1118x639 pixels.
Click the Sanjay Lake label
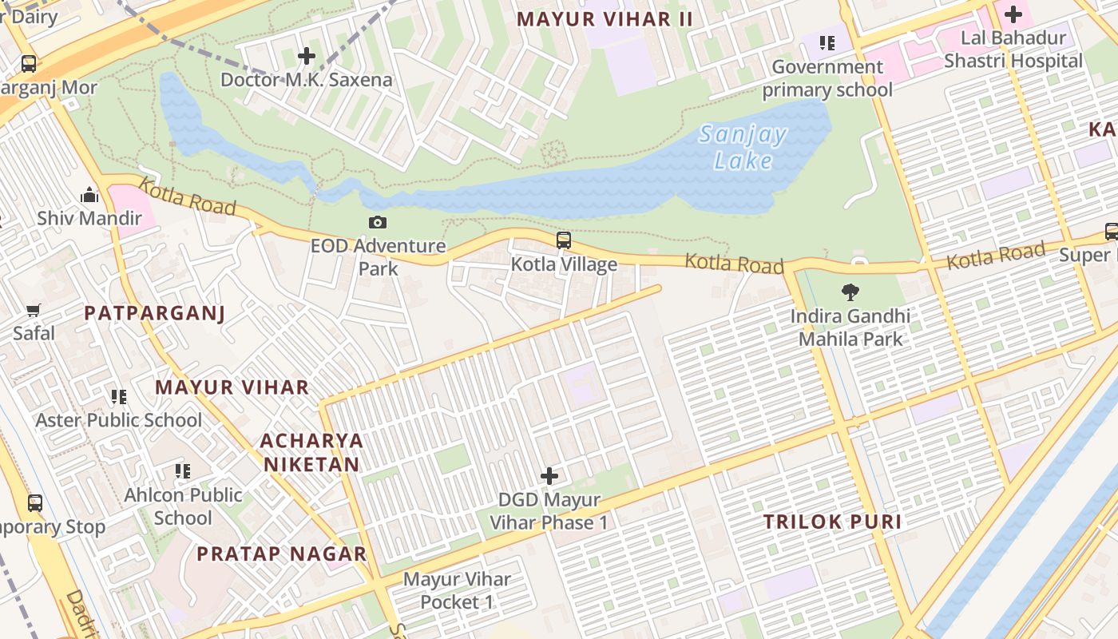point(743,147)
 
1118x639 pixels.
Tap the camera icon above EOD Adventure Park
point(378,223)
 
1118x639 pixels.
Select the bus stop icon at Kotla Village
point(564,240)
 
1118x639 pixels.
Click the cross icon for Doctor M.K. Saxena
point(306,56)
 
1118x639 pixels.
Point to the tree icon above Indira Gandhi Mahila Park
point(850,292)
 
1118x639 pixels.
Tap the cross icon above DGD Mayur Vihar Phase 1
point(549,476)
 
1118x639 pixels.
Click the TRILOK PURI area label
point(832,522)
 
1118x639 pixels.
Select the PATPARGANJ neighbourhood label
point(155,313)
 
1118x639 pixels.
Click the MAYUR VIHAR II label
point(605,19)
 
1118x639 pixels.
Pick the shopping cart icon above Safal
point(34,310)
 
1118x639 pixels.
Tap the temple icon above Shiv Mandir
point(89,195)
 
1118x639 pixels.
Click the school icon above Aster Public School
point(119,396)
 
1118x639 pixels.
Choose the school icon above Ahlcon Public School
point(183,471)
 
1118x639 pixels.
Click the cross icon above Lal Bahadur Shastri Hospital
point(1013,14)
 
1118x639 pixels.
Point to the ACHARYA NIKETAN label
point(311,452)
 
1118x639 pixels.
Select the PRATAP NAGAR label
point(282,554)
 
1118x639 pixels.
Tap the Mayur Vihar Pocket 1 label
point(457,590)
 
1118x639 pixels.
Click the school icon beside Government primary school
point(827,42)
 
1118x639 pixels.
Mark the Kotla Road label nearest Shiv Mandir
point(187,196)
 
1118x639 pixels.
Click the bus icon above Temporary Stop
point(34,503)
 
